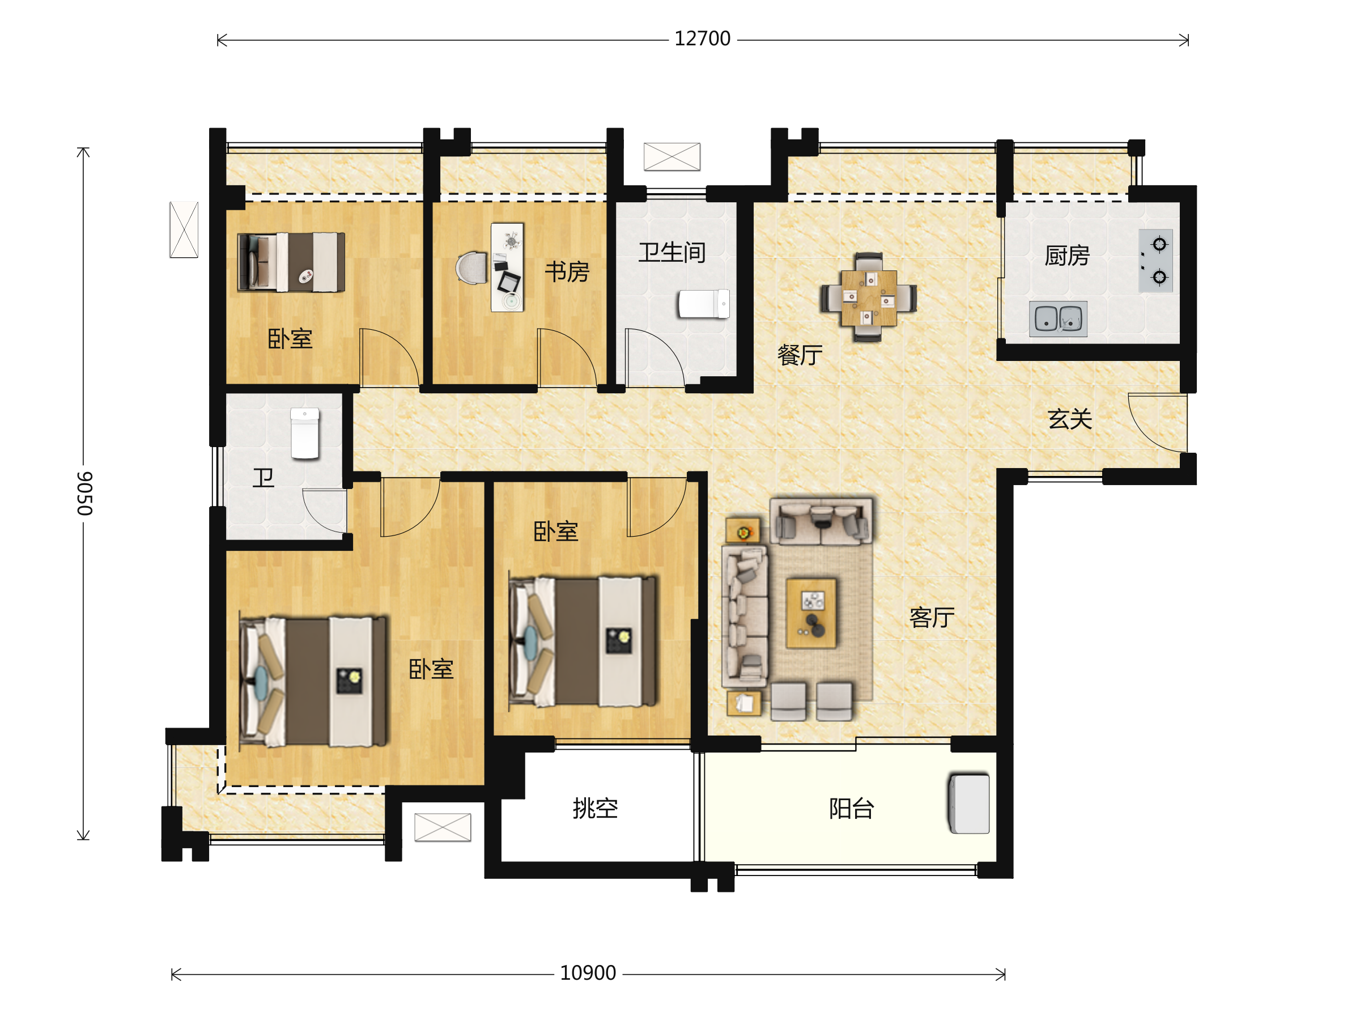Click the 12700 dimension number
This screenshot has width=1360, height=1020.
tap(702, 39)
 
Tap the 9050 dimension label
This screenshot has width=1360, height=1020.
tap(85, 493)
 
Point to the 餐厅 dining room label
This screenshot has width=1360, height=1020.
tap(800, 355)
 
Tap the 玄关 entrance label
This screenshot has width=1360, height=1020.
tap(1070, 419)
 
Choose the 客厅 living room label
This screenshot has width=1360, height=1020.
tap(932, 617)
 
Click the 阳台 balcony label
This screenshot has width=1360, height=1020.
tap(852, 809)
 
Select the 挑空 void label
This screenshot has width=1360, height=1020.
tap(595, 809)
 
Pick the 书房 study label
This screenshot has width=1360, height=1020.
tap(567, 272)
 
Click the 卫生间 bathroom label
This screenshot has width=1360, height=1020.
tap(671, 253)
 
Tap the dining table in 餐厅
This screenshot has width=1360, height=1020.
tap(868, 297)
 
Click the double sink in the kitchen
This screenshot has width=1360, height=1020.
tap(1058, 318)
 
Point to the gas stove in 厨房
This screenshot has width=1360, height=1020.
tap(1155, 261)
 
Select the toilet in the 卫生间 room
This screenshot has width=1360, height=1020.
tap(703, 304)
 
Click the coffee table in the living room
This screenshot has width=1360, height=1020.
tap(811, 613)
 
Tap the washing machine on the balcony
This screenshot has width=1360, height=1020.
tap(970, 804)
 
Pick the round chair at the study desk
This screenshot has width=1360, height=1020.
tap(471, 268)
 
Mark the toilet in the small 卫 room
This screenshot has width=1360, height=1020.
tap(305, 433)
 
